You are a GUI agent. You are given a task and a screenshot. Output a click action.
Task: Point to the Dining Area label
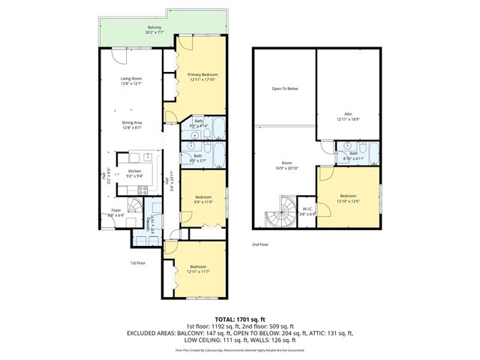132,124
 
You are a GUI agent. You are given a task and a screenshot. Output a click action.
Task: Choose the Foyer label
116,212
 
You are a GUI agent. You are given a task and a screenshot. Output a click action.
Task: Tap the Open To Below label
284,89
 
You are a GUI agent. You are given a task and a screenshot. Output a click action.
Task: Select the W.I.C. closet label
307,211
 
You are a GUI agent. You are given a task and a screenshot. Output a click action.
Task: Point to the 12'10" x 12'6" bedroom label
346,198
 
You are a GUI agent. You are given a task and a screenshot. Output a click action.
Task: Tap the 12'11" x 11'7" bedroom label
198,269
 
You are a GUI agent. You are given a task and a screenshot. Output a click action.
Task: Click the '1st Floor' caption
138,263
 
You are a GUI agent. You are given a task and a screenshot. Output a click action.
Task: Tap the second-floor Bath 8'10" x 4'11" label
353,154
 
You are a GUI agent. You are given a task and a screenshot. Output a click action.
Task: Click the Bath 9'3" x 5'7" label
197,157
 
